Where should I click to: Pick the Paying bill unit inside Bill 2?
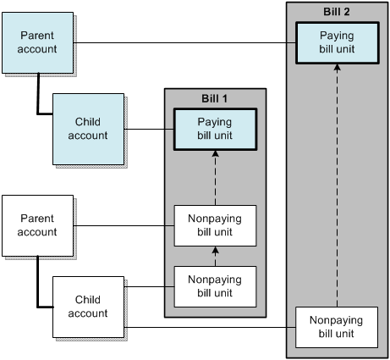(337, 42)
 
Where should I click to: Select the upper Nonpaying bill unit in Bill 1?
(215, 226)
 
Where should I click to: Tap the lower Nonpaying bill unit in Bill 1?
(215, 285)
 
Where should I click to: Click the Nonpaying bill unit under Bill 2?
(337, 327)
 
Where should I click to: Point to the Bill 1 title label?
(215, 97)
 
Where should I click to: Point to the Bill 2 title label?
(337, 11)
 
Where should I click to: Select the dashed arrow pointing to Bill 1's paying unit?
(215, 178)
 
